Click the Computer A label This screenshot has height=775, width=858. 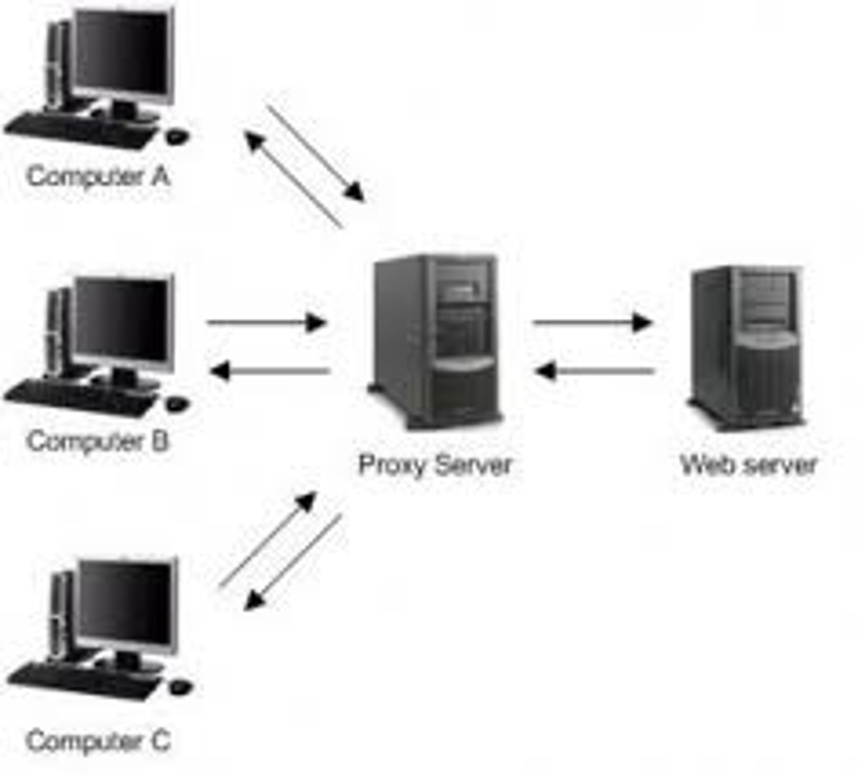click(98, 176)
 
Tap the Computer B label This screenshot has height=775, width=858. click(98, 442)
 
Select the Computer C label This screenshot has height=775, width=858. click(98, 740)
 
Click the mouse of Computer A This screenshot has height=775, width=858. click(177, 136)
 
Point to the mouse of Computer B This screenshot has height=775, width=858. click(177, 403)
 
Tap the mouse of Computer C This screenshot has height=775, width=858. click(180, 686)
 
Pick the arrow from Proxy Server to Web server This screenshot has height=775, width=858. click(593, 322)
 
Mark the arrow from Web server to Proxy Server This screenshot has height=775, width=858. click(595, 371)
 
